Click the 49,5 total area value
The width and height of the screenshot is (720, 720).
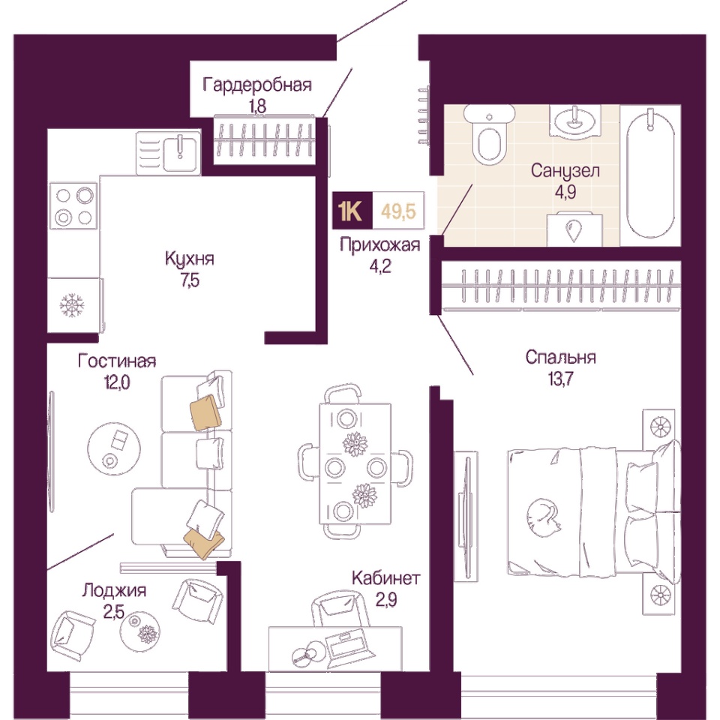point(398,211)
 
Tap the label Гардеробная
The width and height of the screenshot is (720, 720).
point(257,85)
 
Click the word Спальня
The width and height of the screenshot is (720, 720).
point(561,357)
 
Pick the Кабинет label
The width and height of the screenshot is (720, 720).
point(385,577)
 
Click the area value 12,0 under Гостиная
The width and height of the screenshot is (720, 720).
point(118,382)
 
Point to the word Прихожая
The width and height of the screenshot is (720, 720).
point(380,245)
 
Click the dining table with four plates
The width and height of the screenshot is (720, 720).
point(355,463)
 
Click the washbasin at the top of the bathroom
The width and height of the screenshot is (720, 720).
point(576,121)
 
